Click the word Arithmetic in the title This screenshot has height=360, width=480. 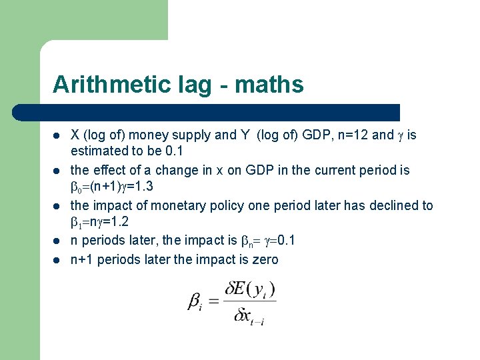coord(101,85)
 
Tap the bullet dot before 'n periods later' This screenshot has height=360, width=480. coord(57,242)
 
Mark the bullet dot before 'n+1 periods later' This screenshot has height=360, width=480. coord(57,260)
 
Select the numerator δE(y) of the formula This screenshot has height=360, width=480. coord(249,291)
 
